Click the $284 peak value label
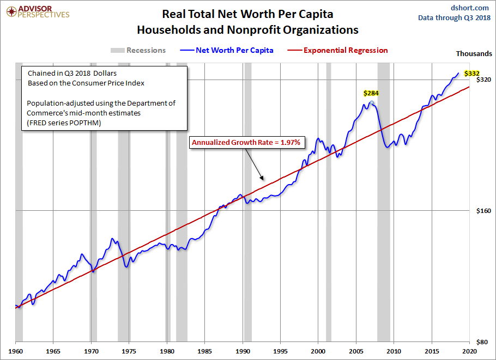point(371,93)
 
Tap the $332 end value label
point(471,73)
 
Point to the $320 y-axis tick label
point(485,80)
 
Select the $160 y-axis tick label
point(485,211)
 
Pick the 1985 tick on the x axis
point(205,352)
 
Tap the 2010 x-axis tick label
point(394,352)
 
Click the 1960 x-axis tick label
point(16,352)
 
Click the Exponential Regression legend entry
point(346,50)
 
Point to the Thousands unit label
point(474,53)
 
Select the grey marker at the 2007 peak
point(371,103)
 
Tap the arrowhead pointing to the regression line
point(262,178)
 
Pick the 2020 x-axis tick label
point(470,352)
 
